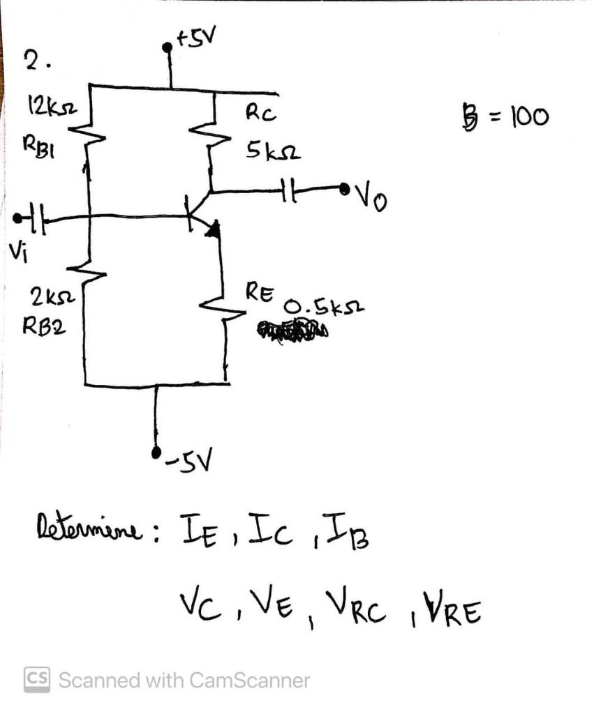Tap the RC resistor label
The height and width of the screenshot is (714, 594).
[x=261, y=114]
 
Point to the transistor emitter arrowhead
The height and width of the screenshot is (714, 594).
[x=214, y=227]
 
